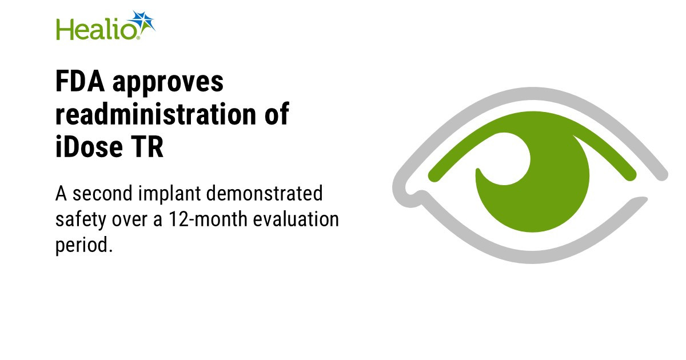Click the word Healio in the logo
(x=96, y=29)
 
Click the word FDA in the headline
(x=79, y=81)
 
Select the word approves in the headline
(x=168, y=83)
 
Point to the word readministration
(x=155, y=114)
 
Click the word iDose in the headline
(x=89, y=147)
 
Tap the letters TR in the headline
(x=147, y=147)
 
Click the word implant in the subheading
(x=169, y=195)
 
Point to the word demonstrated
(x=264, y=194)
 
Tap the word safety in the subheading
(x=80, y=221)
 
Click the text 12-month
(x=208, y=219)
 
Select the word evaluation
(x=296, y=219)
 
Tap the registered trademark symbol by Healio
(x=138, y=38)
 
